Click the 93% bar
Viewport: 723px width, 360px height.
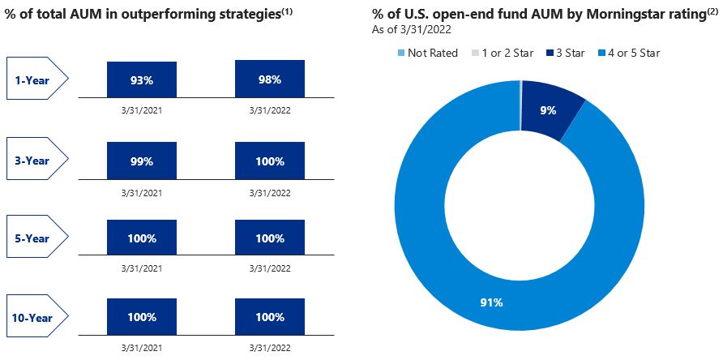pyautogui.click(x=142, y=79)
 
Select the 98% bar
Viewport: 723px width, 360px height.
pyautogui.click(x=270, y=79)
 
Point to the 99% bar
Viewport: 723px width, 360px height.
pyautogui.click(x=142, y=161)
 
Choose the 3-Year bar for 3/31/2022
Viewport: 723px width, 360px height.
pyautogui.click(x=270, y=161)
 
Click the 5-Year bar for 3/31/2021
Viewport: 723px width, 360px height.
pyautogui.click(x=142, y=239)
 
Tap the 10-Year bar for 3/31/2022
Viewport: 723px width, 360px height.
pyautogui.click(x=270, y=318)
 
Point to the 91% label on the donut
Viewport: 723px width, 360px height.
pyautogui.click(x=491, y=302)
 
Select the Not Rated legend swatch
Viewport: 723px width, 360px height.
pyautogui.click(x=400, y=53)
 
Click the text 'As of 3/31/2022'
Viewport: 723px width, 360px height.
pyautogui.click(x=412, y=29)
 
